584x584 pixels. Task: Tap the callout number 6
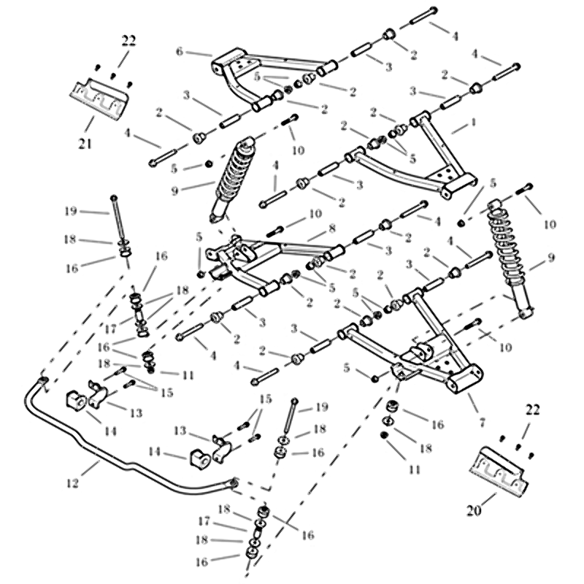tap(180, 52)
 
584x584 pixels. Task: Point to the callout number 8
tap(331, 228)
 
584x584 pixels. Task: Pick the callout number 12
tap(72, 483)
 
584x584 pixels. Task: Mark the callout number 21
tap(85, 143)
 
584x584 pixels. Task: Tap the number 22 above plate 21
tap(128, 41)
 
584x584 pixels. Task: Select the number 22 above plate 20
tap(533, 410)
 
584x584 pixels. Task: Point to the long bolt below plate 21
tap(116, 219)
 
